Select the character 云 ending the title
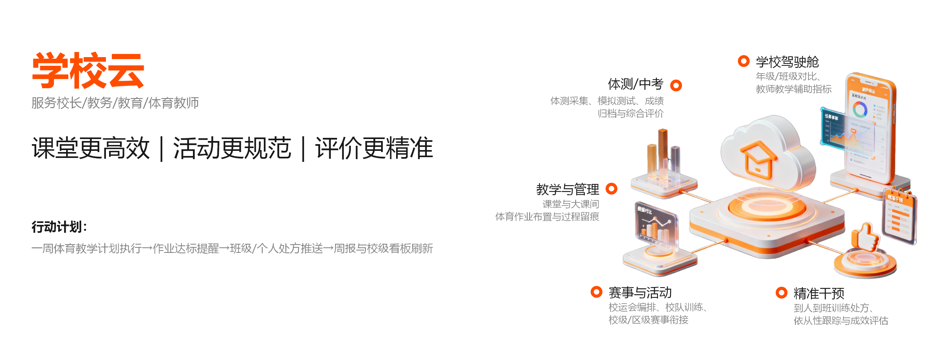click(126, 71)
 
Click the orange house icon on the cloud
click(758, 160)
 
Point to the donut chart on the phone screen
click(860, 109)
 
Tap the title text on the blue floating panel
click(832, 117)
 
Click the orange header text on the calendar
click(895, 199)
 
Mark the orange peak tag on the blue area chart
click(853, 131)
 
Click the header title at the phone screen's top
click(868, 91)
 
